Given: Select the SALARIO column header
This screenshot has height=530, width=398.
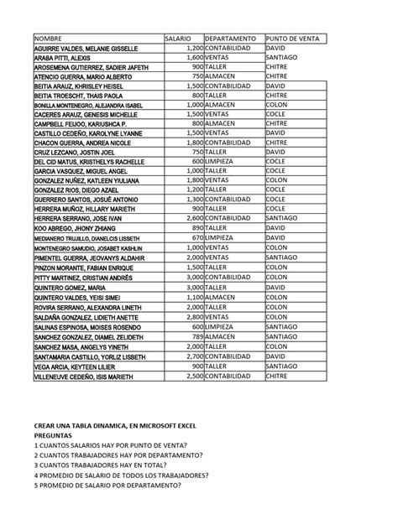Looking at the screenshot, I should click(178, 39).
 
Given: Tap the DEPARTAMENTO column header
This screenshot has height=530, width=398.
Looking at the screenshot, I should click(229, 39).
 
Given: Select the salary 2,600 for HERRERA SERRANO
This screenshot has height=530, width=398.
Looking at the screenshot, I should click(191, 216).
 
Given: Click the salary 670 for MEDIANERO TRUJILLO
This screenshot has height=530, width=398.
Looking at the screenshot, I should click(194, 239).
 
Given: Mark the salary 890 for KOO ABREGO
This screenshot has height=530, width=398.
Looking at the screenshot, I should click(194, 227).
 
